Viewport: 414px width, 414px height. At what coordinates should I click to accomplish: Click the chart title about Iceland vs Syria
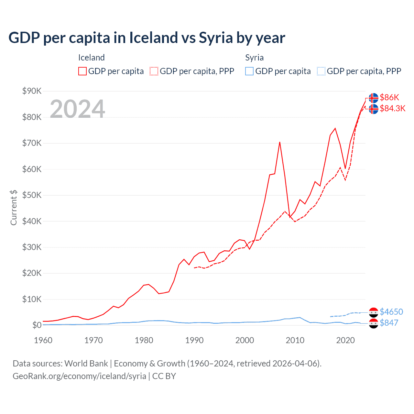(x=147, y=38)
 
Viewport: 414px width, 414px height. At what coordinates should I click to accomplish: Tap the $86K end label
(x=389, y=97)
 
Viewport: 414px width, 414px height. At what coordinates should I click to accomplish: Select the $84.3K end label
(x=392, y=108)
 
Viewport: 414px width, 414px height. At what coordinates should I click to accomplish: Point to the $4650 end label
(x=391, y=312)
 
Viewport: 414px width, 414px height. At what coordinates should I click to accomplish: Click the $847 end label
(x=389, y=323)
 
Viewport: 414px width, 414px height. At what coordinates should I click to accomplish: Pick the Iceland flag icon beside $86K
(x=374, y=98)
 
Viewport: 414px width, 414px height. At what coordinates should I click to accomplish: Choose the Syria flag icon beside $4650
(x=374, y=312)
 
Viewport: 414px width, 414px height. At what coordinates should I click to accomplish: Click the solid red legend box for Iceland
(x=82, y=71)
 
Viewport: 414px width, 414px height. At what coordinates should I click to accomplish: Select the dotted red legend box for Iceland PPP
(x=154, y=71)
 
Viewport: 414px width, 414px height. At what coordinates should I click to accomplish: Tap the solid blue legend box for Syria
(x=249, y=71)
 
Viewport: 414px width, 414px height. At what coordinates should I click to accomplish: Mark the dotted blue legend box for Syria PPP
(x=321, y=71)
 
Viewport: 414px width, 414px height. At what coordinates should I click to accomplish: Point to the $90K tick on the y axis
(x=32, y=91)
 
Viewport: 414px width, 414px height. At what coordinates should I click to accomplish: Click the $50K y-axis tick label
(x=32, y=195)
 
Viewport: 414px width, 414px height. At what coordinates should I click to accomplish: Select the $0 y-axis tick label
(x=37, y=325)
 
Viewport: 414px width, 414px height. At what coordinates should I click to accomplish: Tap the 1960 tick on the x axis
(x=43, y=340)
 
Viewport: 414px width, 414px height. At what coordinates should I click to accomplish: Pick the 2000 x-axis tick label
(x=245, y=340)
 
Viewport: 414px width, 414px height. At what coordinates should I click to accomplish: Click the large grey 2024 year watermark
(x=77, y=109)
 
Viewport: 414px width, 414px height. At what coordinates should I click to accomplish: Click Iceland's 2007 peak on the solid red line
(x=279, y=142)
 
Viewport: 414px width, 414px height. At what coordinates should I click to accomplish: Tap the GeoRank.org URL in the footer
(x=79, y=376)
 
